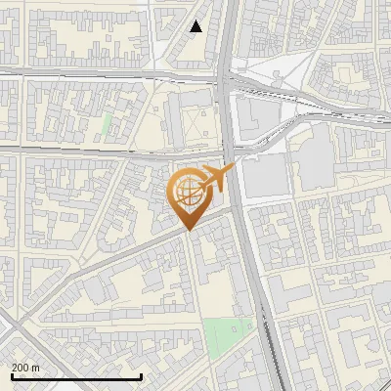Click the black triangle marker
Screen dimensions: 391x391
196,26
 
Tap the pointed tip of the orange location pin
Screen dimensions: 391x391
188,230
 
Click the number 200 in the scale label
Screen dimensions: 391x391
22,369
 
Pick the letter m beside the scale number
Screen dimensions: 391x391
36,369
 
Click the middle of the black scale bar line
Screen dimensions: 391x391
76,377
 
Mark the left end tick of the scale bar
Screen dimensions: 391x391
11,376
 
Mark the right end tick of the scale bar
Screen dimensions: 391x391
142,376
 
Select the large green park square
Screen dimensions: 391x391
227,338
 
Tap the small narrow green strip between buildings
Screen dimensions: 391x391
106,126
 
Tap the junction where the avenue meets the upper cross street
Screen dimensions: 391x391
229,79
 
